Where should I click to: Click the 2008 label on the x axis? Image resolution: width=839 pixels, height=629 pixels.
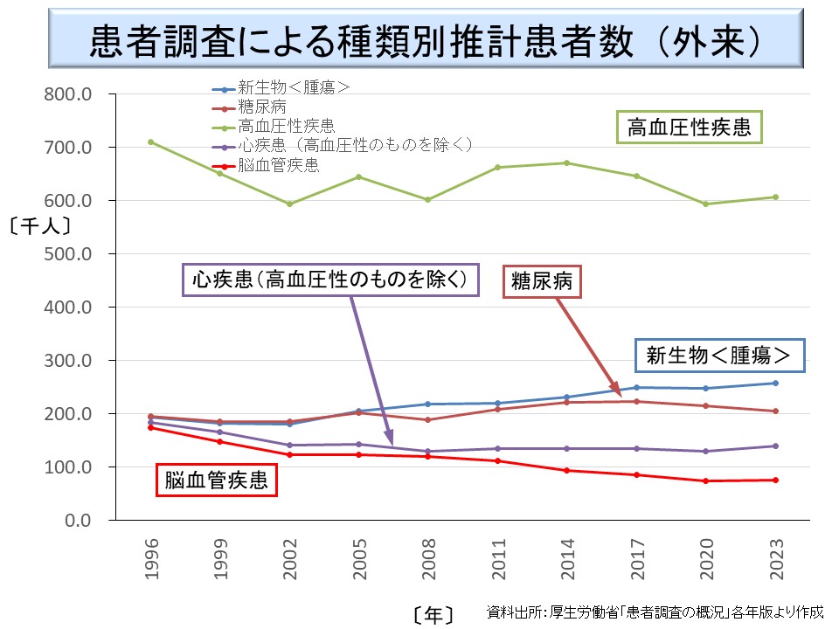point(427,558)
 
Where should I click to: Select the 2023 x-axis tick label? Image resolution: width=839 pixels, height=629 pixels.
point(775,558)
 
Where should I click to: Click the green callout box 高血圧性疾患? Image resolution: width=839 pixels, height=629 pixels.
point(689,128)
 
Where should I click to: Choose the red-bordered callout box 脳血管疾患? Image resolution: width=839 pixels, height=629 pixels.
point(216,480)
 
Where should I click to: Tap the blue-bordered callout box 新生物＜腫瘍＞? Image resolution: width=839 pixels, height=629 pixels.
point(718,355)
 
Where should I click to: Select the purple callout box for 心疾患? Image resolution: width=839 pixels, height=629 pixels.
point(330,280)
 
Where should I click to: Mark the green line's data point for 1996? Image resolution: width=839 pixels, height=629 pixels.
point(151,142)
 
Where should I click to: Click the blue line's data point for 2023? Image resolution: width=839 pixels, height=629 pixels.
point(775,383)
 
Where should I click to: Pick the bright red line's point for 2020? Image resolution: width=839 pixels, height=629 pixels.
point(706,480)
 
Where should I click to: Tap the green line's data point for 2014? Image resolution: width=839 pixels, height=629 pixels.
point(567,162)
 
